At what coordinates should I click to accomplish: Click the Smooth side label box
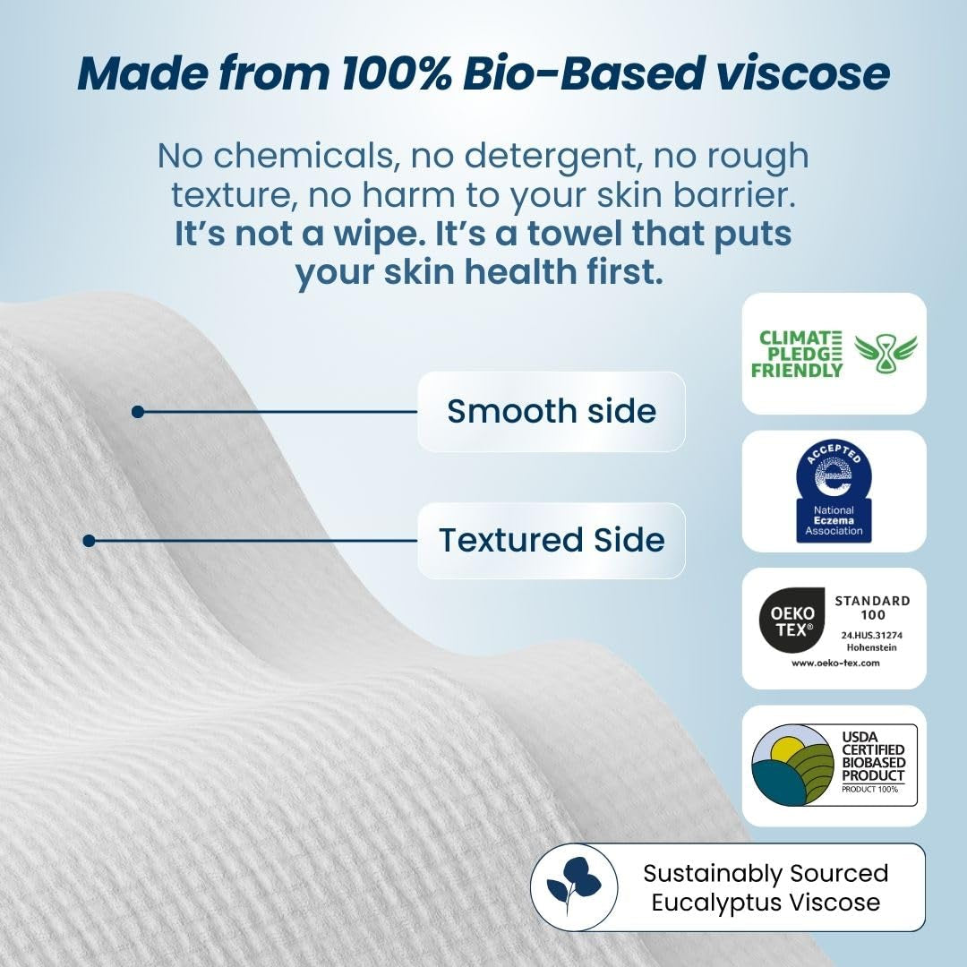(x=551, y=411)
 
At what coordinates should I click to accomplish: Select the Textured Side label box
(x=551, y=540)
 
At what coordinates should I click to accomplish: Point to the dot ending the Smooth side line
(x=137, y=412)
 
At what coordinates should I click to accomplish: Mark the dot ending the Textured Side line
(x=89, y=541)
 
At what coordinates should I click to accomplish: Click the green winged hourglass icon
(x=886, y=354)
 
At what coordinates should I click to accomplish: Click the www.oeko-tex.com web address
(x=835, y=663)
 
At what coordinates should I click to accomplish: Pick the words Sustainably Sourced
(x=766, y=873)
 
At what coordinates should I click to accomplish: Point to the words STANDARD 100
(x=872, y=607)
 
